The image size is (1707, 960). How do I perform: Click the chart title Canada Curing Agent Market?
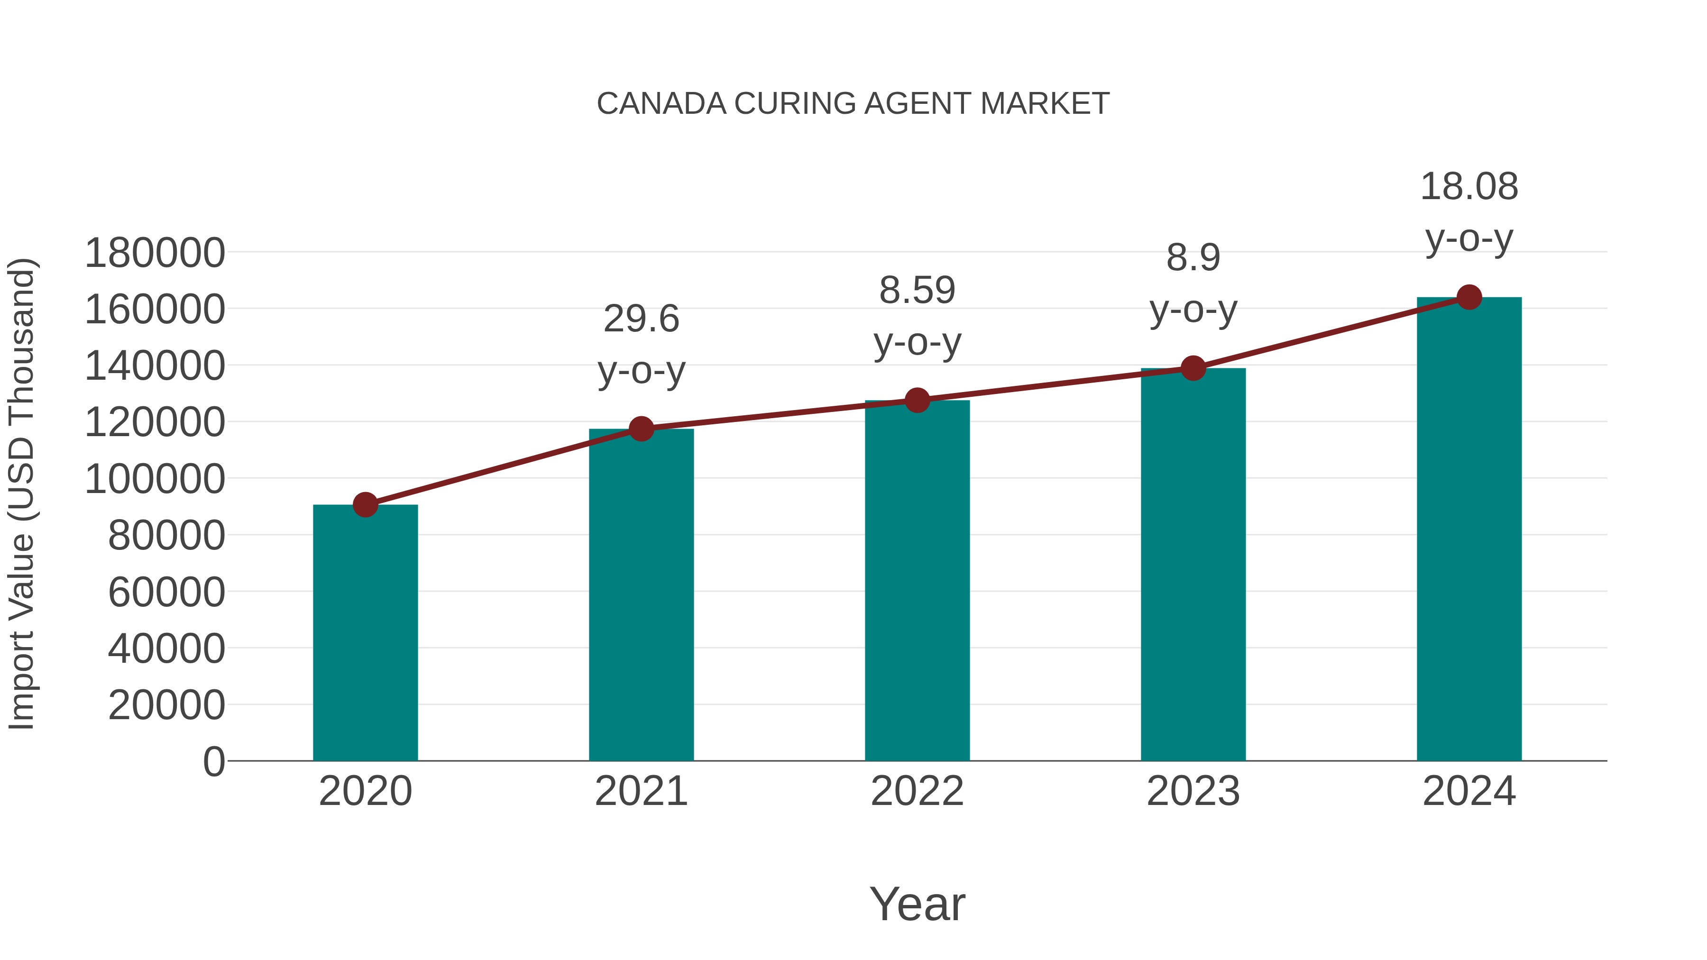tap(853, 104)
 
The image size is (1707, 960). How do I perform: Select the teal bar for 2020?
tap(365, 633)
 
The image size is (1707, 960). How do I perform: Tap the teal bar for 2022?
tap(917, 580)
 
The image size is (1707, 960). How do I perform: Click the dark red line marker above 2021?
tap(641, 429)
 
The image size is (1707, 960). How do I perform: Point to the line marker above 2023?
tap(1193, 368)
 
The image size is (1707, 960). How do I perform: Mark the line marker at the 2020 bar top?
tap(365, 505)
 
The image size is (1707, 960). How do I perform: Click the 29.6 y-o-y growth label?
tap(641, 345)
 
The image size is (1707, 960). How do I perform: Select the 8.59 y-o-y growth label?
tap(917, 316)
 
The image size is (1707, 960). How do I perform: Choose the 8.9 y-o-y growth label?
tap(1193, 283)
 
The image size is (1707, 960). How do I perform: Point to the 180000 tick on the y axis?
tap(155, 253)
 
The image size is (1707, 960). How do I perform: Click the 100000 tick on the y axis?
tap(155, 479)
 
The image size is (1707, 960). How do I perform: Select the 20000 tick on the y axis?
tap(166, 705)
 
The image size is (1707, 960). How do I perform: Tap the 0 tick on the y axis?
tap(213, 761)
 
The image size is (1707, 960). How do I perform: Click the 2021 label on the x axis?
tap(641, 791)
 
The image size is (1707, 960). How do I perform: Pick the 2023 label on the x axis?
tap(1193, 791)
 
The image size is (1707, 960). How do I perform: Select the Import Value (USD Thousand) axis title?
tap(21, 494)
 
